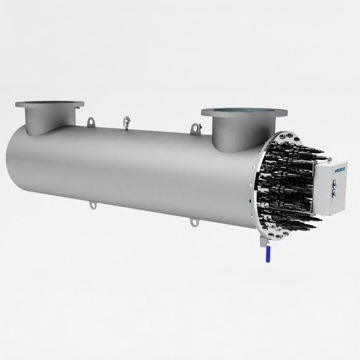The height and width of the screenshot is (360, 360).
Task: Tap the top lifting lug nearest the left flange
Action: [x=91, y=121]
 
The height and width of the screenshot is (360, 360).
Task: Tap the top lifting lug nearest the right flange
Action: [x=194, y=129]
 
